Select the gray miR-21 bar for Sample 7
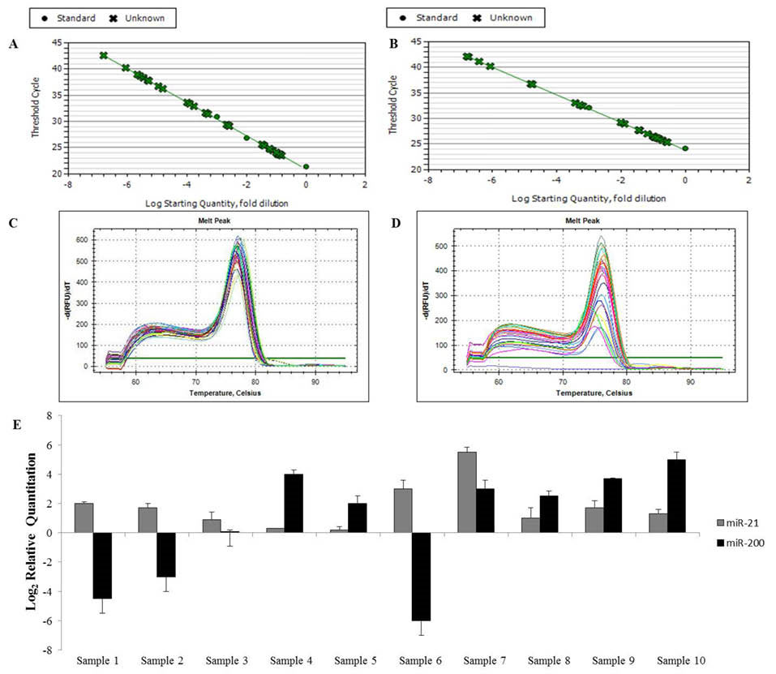point(467,492)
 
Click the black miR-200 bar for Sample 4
point(293,504)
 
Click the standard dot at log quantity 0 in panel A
point(306,167)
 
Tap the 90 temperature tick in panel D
point(689,381)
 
